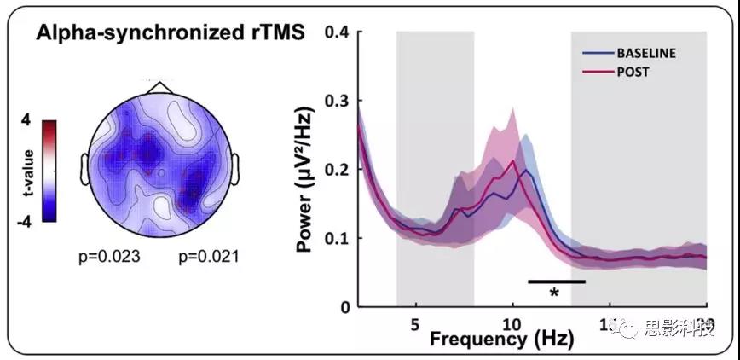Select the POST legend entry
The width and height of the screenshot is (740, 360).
coord(632,73)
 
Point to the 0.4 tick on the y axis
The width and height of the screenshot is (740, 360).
coord(338,33)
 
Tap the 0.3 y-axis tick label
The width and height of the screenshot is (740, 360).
coord(338,102)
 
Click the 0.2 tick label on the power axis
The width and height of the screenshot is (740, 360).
coord(338,170)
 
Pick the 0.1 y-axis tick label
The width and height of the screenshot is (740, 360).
coord(338,238)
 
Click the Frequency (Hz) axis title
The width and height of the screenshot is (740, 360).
coord(501,340)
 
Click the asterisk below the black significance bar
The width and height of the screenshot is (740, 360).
coord(554,293)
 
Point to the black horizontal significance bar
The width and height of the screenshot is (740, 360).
coord(556,281)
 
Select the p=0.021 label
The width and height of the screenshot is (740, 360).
coord(208,256)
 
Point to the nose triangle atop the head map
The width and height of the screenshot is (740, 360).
coord(158,88)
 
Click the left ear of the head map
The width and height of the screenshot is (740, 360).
coord(86,167)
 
